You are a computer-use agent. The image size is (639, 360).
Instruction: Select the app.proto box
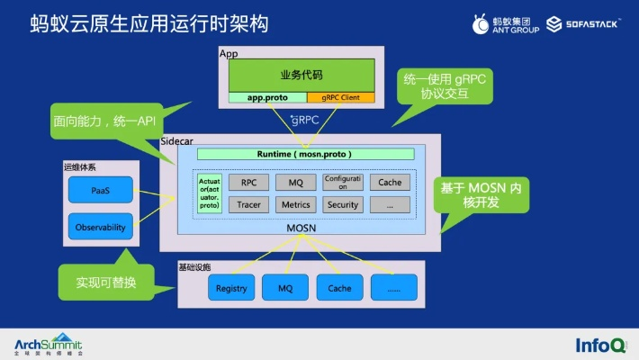click(266, 97)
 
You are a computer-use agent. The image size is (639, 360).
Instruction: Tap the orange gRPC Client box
click(340, 97)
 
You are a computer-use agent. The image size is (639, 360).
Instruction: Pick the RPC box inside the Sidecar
click(249, 182)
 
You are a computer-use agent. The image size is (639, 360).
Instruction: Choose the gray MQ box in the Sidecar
click(295, 182)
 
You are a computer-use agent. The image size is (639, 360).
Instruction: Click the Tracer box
click(249, 204)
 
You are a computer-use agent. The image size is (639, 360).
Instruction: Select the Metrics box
click(295, 204)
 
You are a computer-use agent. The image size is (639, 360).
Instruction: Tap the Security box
click(343, 204)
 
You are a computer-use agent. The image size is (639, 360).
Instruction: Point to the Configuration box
click(343, 182)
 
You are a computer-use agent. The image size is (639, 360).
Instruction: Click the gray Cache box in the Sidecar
click(390, 182)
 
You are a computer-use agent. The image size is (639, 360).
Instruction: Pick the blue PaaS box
click(100, 190)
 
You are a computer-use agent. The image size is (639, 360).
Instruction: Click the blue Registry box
click(231, 288)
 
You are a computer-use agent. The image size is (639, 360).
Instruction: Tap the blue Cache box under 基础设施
click(339, 288)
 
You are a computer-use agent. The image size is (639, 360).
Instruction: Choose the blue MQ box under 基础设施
click(285, 288)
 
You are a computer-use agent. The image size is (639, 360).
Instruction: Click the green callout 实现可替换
click(105, 283)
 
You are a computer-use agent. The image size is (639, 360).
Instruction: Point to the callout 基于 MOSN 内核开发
click(481, 197)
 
